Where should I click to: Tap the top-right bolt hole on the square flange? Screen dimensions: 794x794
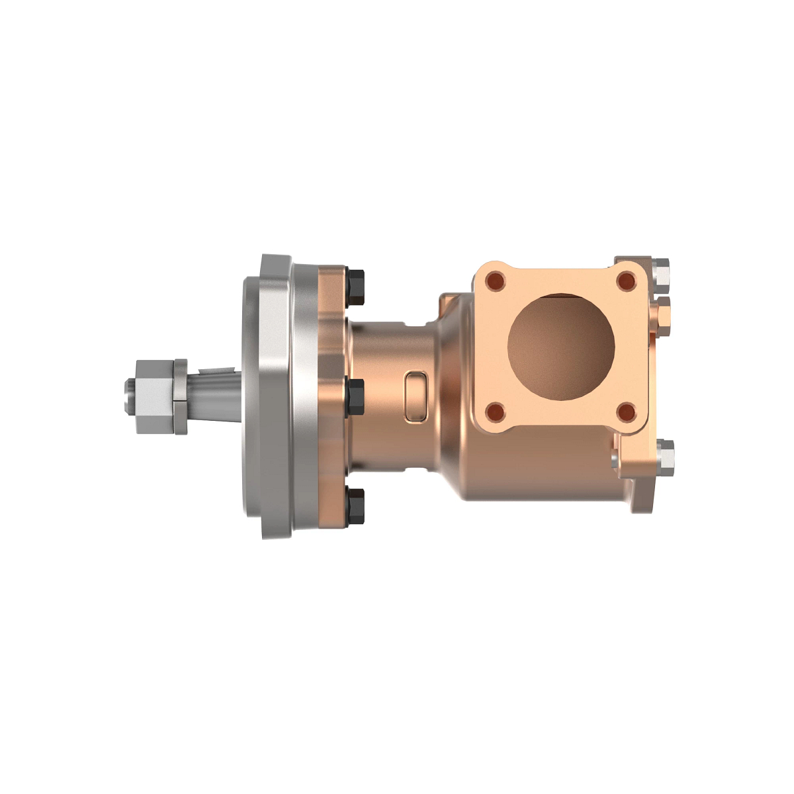pos(625,280)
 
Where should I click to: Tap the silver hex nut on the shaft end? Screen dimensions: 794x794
pos(154,397)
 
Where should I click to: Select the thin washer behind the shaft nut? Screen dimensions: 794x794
pos(179,397)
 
